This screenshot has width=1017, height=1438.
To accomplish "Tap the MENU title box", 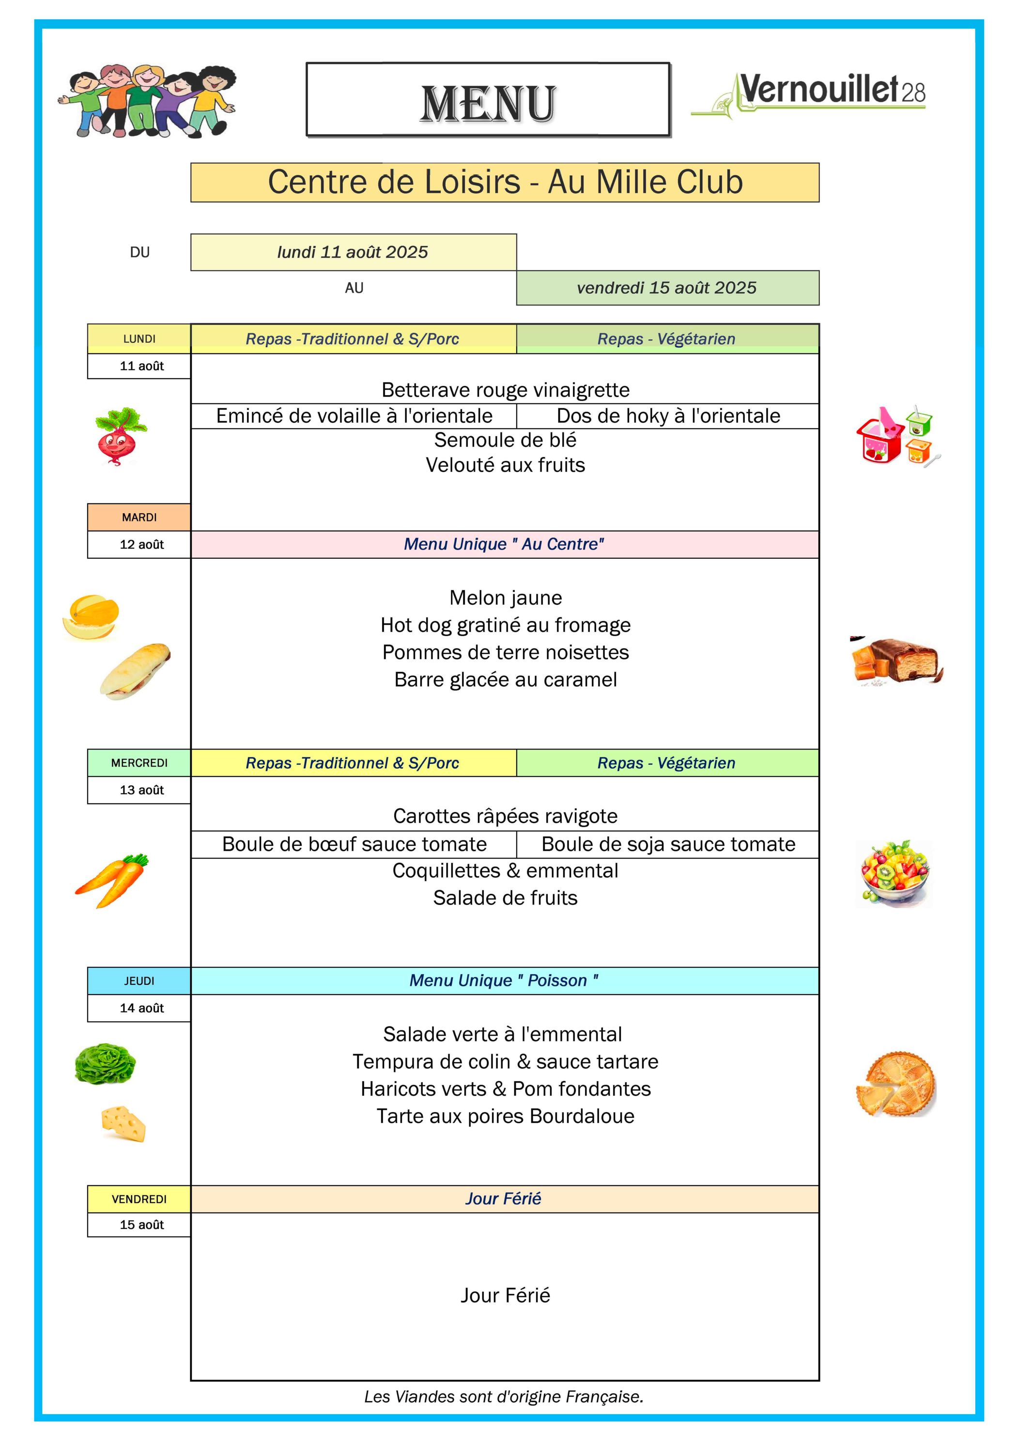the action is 488,100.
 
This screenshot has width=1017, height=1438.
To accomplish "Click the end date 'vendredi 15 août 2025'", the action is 667,288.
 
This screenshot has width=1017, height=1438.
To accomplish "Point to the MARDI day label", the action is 139,517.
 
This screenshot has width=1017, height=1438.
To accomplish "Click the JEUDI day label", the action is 139,981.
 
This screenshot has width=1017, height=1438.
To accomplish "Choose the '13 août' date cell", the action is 139,790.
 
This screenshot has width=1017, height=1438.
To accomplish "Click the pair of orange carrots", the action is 113,880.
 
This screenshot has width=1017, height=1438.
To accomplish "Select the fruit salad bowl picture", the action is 894,874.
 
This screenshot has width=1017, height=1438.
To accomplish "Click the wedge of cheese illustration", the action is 123,1124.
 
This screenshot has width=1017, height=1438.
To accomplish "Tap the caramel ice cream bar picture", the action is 896,661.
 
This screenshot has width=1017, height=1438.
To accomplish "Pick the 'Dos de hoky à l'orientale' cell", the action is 668,416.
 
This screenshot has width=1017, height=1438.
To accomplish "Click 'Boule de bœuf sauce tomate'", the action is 354,844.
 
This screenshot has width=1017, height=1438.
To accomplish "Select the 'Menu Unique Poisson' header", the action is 505,981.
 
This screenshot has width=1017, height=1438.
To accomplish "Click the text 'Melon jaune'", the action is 506,597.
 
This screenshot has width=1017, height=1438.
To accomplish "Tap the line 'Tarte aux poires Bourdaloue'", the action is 506,1116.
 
